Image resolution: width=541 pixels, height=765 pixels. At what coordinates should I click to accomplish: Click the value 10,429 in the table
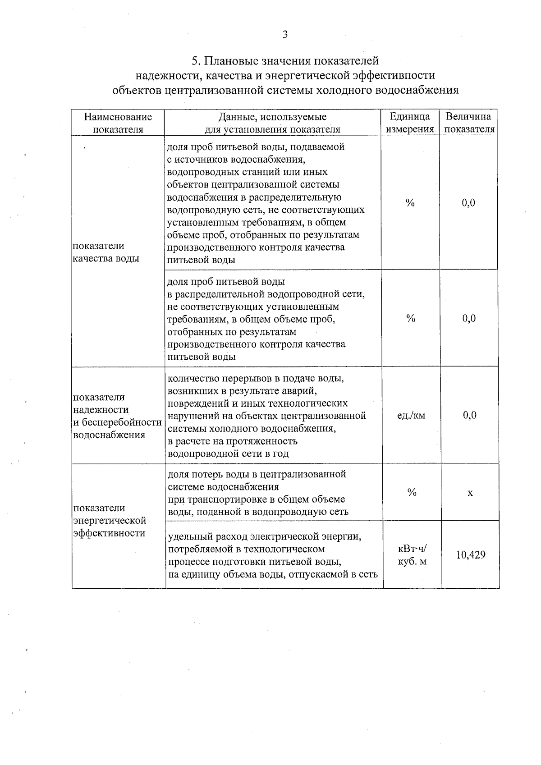(x=470, y=555)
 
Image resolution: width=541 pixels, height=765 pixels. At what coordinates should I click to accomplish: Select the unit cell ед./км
(x=411, y=416)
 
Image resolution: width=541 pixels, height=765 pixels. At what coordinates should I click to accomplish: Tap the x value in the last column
(x=470, y=493)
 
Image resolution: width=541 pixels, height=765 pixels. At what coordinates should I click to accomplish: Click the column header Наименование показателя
(x=118, y=123)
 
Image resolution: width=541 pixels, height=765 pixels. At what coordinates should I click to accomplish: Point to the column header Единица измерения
(x=410, y=123)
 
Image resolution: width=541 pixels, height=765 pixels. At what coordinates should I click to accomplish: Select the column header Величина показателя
(x=468, y=123)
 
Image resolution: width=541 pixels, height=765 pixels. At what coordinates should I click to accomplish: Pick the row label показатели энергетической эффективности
(x=110, y=521)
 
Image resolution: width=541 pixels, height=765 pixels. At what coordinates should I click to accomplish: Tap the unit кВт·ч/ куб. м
(x=412, y=555)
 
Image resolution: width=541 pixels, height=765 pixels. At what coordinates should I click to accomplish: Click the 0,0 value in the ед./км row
(x=469, y=416)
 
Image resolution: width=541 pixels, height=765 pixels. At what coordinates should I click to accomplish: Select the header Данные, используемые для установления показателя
(x=272, y=123)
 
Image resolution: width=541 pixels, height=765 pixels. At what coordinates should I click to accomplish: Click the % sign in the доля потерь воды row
(x=412, y=493)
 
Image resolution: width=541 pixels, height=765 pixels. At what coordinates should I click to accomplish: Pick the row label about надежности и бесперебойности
(x=117, y=416)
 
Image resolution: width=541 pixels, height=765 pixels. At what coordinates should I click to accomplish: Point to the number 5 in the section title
(x=195, y=60)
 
